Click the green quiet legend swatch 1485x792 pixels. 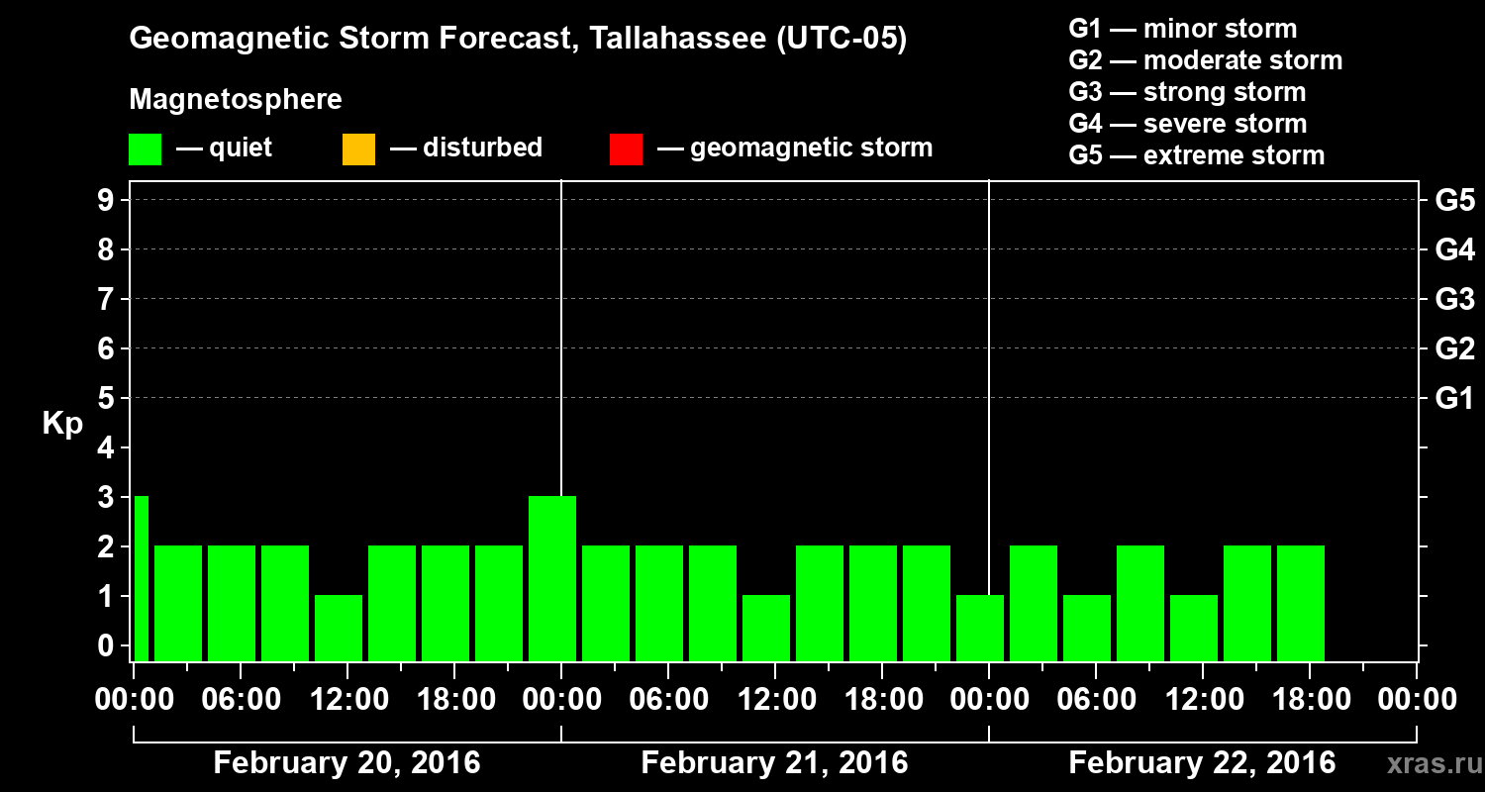[x=145, y=149]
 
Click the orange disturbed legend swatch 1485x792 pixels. [x=358, y=149]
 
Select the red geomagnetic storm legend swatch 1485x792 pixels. [x=626, y=149]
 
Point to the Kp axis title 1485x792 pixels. [x=62, y=423]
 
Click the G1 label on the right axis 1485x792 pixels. [x=1454, y=398]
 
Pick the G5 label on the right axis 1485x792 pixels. [x=1454, y=200]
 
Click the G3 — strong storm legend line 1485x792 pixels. [x=1187, y=92]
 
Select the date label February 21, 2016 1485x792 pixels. [x=774, y=763]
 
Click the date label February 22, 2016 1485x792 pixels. [x=1202, y=763]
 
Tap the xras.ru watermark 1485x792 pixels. [x=1427, y=763]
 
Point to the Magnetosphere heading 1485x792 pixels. [x=236, y=100]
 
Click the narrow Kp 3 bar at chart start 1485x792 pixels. [x=141, y=578]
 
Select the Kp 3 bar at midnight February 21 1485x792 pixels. [x=552, y=578]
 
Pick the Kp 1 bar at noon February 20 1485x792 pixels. [x=339, y=628]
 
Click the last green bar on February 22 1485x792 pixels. [x=1301, y=603]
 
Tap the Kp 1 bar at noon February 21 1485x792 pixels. [x=766, y=628]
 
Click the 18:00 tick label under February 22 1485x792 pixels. [x=1310, y=700]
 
